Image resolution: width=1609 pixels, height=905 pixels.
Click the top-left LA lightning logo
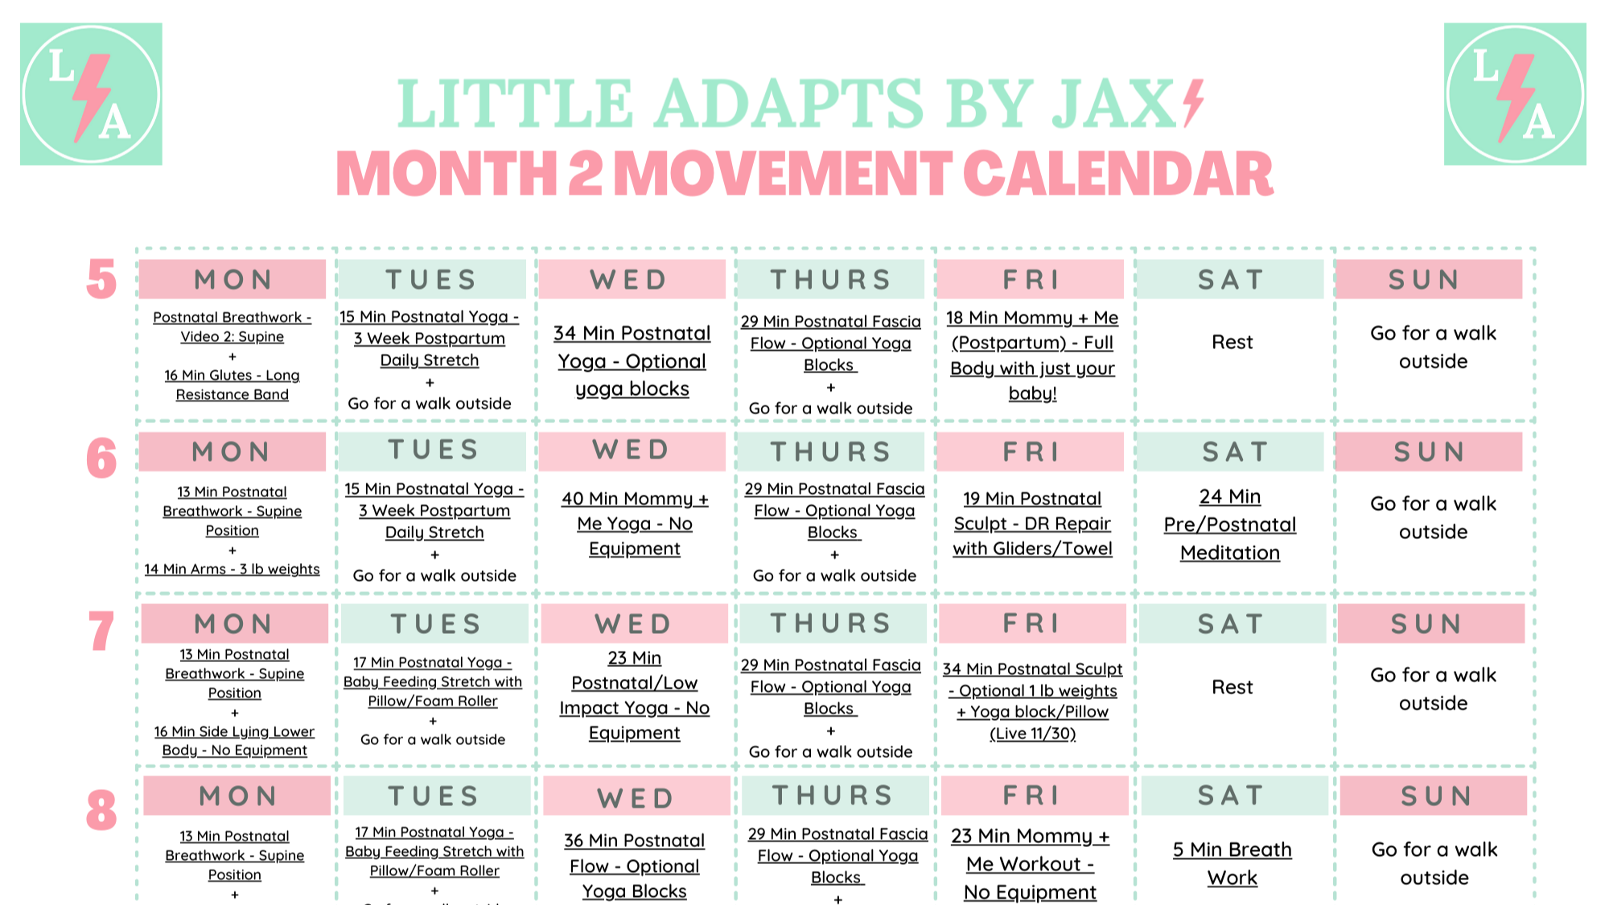91,94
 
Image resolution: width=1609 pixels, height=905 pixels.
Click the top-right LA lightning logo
1515,94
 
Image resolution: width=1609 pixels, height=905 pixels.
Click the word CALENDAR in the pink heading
1118,174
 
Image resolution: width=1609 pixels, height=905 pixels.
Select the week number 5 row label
101,280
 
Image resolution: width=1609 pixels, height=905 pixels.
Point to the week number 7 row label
101,631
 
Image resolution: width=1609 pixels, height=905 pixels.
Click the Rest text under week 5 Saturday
1232,343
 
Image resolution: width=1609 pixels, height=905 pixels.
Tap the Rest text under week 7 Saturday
1232,687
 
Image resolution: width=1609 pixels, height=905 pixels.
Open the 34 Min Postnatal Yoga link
632,361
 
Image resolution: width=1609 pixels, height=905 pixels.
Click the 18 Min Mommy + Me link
1032,356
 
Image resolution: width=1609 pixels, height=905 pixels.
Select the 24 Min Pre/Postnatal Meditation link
1230,524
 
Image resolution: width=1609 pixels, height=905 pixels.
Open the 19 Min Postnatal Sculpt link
1032,524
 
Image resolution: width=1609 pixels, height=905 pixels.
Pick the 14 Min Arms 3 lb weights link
232,569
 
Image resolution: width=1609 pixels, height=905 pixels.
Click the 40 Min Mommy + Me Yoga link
635,524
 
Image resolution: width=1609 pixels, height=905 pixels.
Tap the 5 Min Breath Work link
1232,863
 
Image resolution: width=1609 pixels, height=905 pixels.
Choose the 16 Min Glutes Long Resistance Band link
232,385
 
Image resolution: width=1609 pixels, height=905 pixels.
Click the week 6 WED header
632,450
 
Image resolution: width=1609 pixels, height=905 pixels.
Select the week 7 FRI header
1032,623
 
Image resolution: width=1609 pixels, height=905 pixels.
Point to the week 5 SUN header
1429,279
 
